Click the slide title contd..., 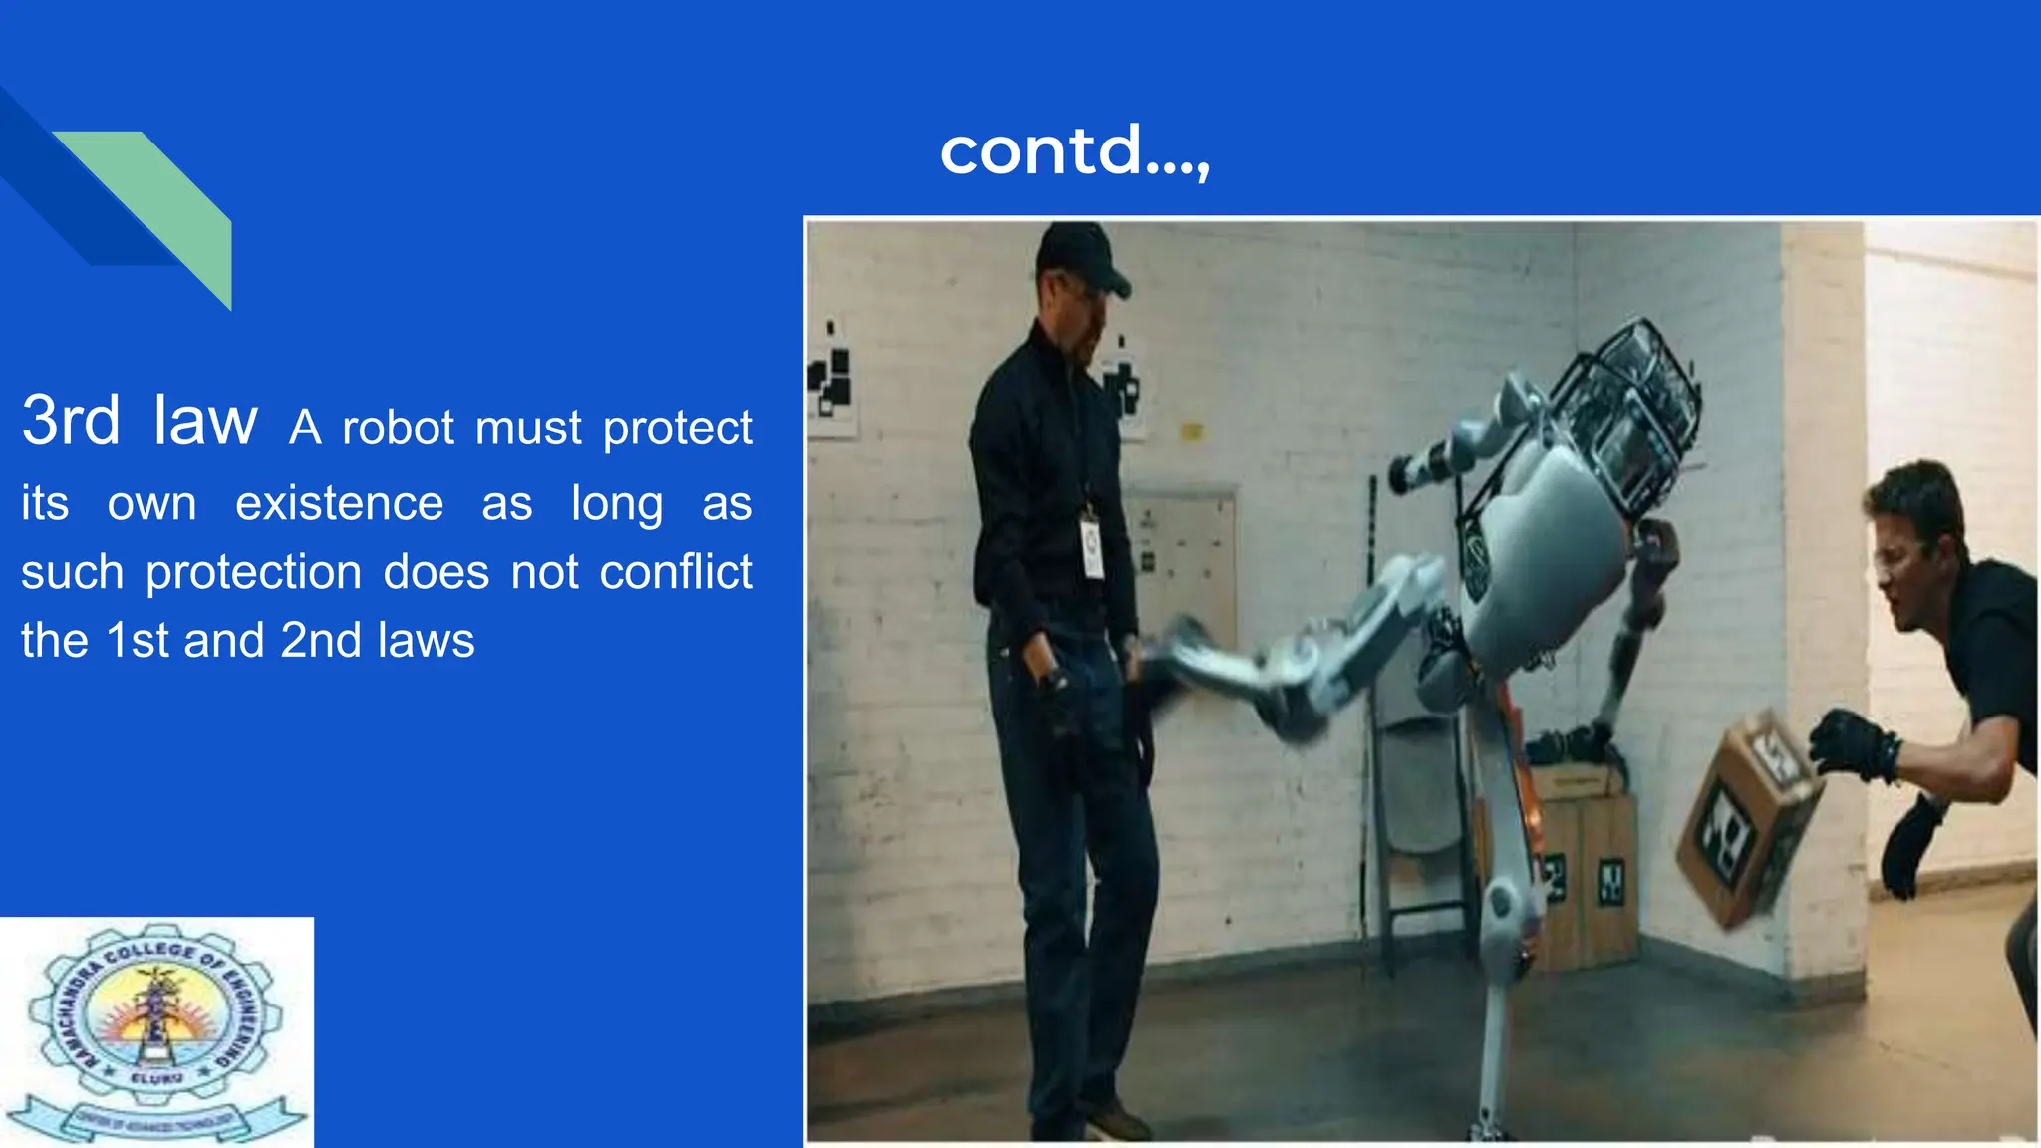[x=1074, y=151]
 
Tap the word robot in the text [x=398, y=429]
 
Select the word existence [x=339, y=503]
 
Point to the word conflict [x=676, y=573]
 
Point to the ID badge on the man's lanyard [x=1092, y=548]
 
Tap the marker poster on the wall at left [x=831, y=379]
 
